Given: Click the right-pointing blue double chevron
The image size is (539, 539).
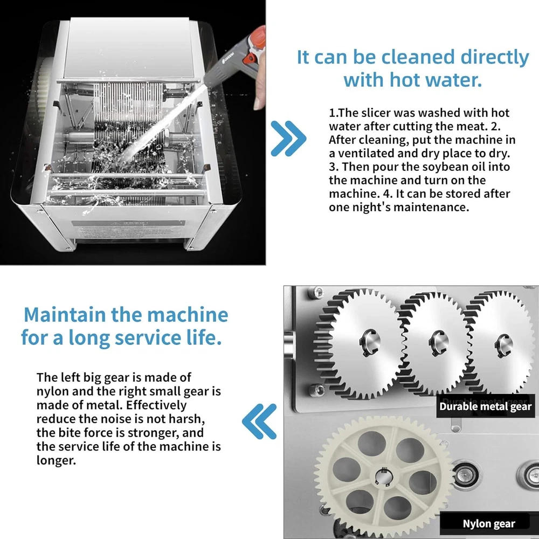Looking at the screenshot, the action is tap(288, 139).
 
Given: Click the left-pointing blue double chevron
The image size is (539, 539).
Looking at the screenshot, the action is tap(259, 421).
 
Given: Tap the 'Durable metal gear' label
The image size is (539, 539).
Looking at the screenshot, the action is tap(486, 406).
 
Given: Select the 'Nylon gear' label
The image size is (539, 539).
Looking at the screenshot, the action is tap(489, 523).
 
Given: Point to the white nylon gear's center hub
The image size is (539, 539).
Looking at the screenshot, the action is tap(382, 477).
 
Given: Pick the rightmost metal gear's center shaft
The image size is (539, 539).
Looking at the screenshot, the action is tap(504, 345).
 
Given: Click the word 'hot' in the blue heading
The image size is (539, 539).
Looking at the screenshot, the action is tap(405, 80).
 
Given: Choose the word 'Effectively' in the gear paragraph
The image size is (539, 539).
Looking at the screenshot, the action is tap(156, 405).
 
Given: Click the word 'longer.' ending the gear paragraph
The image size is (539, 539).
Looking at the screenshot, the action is tap(56, 461).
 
